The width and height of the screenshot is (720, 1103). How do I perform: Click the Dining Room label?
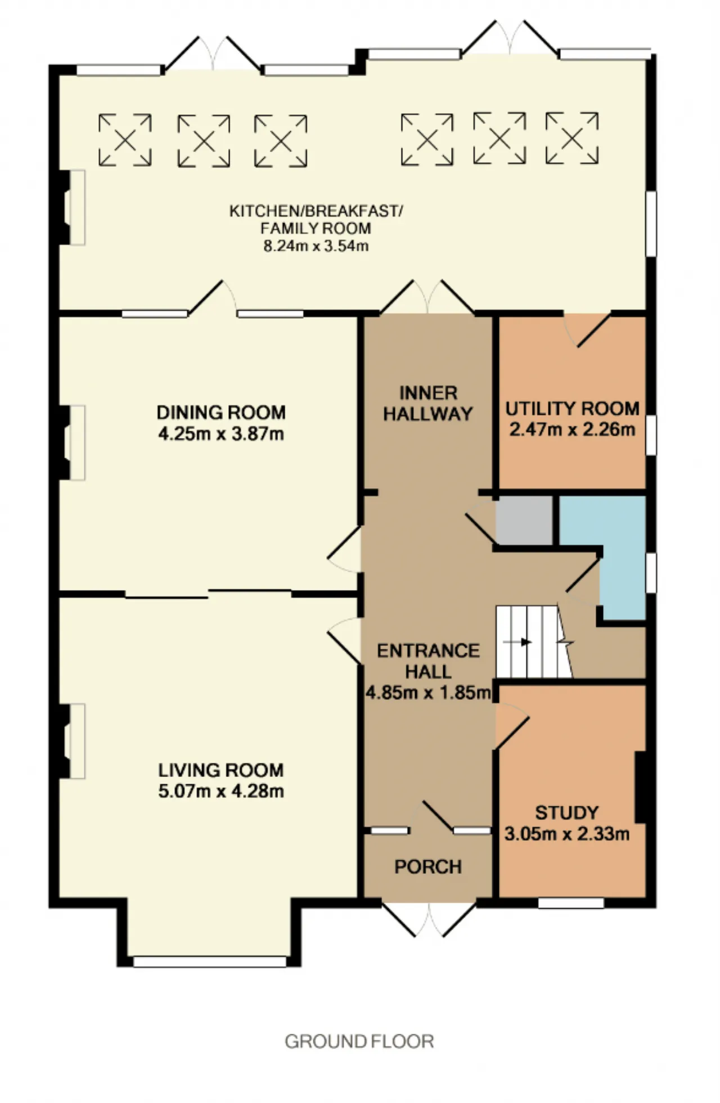221,413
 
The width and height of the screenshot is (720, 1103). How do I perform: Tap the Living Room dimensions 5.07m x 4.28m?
221,791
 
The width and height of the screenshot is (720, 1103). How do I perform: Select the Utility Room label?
572,408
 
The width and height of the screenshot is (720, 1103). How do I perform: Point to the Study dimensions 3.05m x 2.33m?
567,833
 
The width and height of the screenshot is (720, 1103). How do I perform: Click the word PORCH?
428,867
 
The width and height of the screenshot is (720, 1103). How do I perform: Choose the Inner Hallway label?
428,403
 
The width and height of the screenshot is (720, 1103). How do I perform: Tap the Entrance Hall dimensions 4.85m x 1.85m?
429,692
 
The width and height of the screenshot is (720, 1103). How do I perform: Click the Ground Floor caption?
359,1042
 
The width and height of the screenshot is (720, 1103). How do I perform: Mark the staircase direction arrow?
518,641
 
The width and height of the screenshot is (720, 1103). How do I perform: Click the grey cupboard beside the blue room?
524,520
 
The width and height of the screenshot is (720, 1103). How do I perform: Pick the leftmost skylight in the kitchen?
125,140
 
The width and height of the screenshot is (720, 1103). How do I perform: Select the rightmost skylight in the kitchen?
572,138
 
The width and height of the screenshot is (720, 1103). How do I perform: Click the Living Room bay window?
210,961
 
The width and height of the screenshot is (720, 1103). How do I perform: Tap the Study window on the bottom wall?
571,903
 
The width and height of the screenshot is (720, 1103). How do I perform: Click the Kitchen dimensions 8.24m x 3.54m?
316,246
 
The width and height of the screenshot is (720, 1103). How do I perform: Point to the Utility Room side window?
651,435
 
